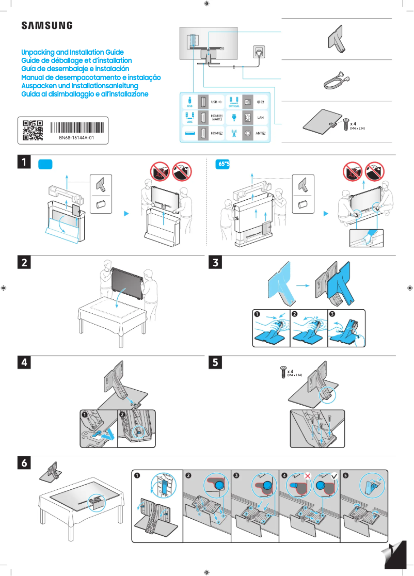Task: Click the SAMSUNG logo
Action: [x=46, y=25]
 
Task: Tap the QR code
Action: [x=33, y=131]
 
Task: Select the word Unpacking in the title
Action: [x=37, y=53]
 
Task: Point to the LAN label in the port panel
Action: [x=261, y=118]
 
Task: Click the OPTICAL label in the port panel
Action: [x=234, y=106]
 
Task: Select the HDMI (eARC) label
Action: [x=217, y=118]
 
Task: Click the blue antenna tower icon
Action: [x=233, y=133]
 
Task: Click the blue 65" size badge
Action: [x=222, y=164]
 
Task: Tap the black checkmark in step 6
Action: [x=334, y=475]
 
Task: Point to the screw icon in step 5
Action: [x=282, y=372]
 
